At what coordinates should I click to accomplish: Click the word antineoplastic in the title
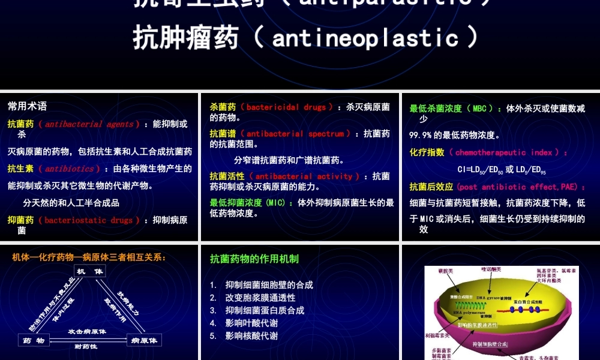pos(365,38)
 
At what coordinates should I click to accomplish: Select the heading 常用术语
pos(27,106)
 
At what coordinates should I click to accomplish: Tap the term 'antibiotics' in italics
pos(70,169)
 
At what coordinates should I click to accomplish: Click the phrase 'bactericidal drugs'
pos(286,107)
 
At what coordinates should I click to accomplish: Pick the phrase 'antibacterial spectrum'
pos(296,134)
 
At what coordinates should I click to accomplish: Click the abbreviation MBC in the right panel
pos(479,109)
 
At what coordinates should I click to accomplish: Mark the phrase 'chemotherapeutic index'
pos(503,152)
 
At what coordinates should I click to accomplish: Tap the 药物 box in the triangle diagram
pos(34,340)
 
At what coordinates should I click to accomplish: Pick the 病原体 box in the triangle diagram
pos(144,340)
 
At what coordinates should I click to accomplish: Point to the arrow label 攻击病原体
pos(87,332)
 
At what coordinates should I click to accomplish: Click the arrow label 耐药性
pos(86,346)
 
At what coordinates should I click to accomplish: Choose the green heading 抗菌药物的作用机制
pos(254,259)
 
